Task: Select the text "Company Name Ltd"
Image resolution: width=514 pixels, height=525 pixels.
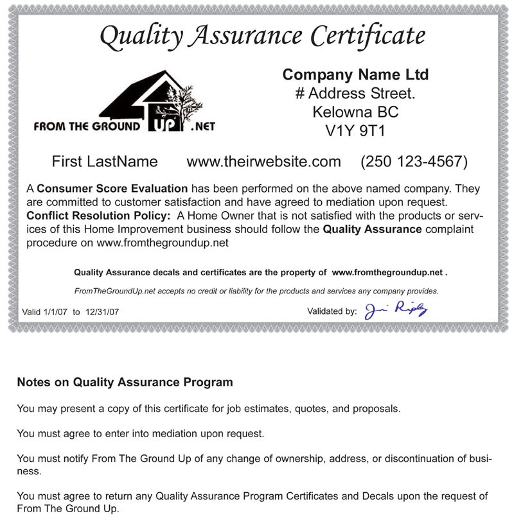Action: pos(355,75)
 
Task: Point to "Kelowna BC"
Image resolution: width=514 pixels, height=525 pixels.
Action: pos(355,112)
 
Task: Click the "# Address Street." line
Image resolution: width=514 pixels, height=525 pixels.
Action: pos(355,94)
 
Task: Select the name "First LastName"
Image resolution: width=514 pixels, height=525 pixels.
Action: pos(105,162)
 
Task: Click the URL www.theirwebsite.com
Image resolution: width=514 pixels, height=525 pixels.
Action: pos(263,162)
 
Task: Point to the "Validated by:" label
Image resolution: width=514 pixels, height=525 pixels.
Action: pos(332,312)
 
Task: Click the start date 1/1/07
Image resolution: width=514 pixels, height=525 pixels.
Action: pos(55,312)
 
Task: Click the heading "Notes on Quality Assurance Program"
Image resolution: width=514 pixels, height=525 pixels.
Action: pos(125,383)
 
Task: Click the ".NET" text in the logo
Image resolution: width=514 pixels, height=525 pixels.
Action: pos(203,126)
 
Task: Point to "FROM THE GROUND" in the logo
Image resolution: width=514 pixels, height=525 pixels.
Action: pos(87,126)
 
